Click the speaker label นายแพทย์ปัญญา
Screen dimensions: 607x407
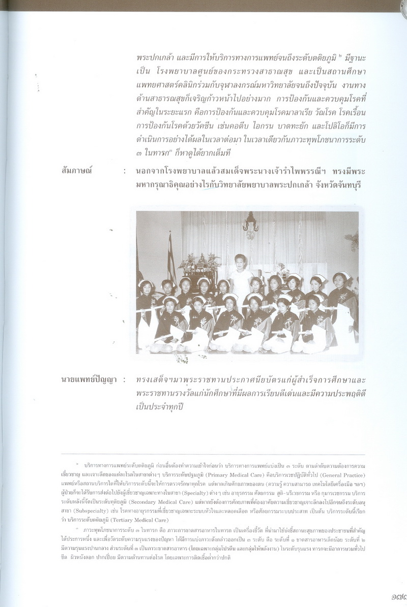(x=84, y=379)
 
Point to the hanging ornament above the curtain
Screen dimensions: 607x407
(x=250, y=223)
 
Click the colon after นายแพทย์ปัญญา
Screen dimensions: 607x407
(x=125, y=380)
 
